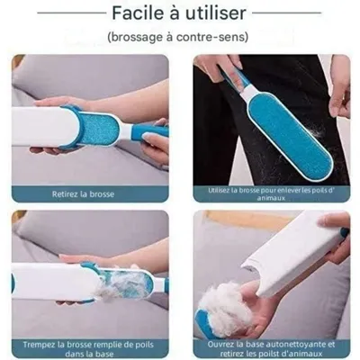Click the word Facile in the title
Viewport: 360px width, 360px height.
pos(138,13)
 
